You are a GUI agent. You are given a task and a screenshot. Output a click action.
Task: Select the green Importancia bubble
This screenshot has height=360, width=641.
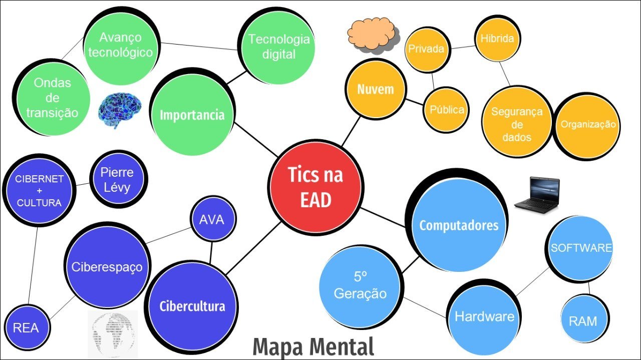(x=192, y=115)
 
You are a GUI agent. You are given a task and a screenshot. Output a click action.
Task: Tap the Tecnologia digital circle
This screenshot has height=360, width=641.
(x=278, y=47)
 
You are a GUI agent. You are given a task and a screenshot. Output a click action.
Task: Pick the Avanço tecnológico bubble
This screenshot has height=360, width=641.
(x=120, y=45)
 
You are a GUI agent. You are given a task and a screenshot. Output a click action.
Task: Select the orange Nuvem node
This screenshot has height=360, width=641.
(x=375, y=90)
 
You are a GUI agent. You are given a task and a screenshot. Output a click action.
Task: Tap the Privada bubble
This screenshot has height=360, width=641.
(x=426, y=49)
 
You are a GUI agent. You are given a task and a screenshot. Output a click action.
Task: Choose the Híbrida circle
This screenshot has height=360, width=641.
(x=497, y=39)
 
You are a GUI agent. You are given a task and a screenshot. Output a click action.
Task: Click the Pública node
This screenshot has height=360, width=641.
(x=446, y=110)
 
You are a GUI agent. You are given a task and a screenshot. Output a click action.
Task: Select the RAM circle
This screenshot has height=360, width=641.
(x=583, y=320)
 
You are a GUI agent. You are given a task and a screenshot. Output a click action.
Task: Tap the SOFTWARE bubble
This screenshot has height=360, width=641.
(x=581, y=248)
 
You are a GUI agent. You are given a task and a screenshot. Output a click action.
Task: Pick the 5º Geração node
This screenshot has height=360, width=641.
(x=360, y=286)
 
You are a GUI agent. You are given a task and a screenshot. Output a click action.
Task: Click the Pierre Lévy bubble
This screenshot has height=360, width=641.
(x=117, y=180)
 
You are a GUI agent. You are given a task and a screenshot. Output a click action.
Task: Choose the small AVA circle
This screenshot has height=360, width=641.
(x=212, y=220)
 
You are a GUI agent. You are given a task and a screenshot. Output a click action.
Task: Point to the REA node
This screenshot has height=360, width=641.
(x=26, y=328)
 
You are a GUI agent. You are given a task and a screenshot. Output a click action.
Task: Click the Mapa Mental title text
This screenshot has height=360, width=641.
(x=313, y=347)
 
